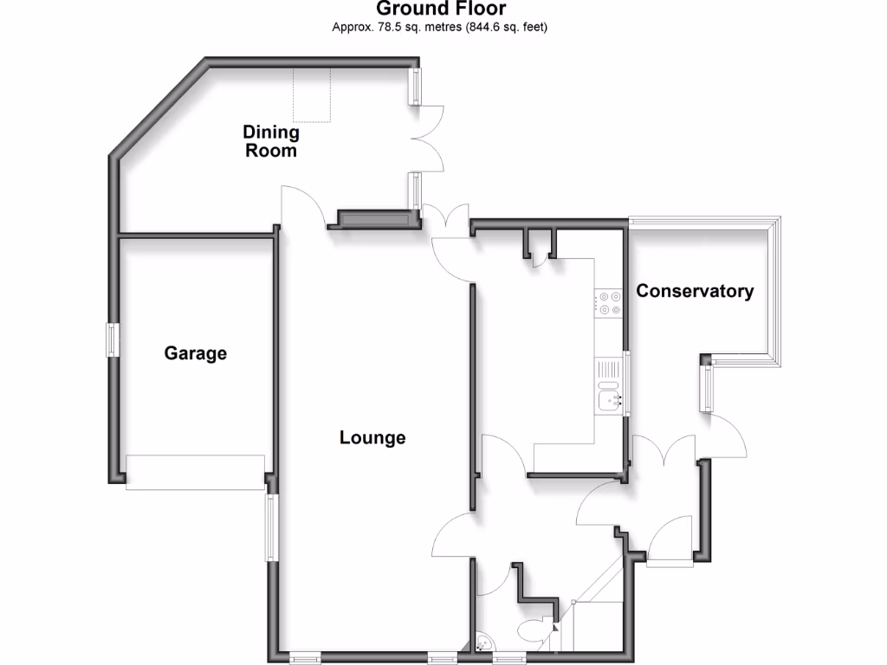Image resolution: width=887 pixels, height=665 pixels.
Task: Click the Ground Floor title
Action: click(441, 10)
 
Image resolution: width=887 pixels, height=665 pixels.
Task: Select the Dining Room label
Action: click(270, 141)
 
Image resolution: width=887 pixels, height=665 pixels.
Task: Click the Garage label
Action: click(196, 353)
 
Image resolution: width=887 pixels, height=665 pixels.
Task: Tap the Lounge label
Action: click(372, 437)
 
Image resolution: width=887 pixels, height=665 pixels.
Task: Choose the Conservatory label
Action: click(695, 291)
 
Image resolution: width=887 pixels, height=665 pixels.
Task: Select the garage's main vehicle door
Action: click(195, 472)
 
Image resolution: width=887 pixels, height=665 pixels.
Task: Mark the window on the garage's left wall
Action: click(112, 339)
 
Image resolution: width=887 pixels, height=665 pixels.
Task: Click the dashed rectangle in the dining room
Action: click(312, 94)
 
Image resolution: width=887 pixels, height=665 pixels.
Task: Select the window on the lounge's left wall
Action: click(271, 527)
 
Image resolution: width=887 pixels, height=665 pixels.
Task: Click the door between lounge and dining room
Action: click(302, 208)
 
